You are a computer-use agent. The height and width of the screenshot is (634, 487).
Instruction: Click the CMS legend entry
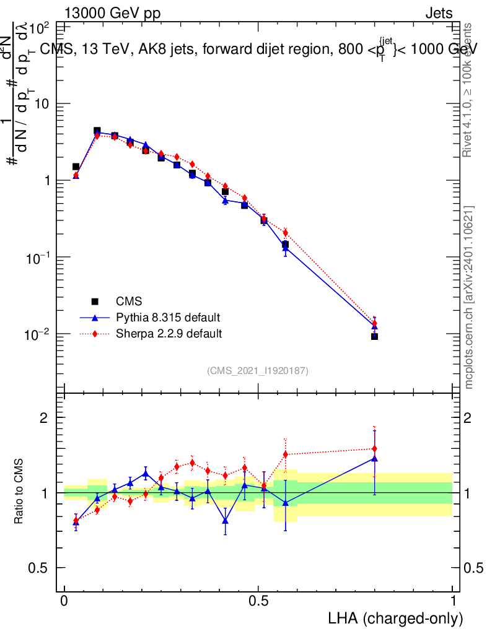pos(129,302)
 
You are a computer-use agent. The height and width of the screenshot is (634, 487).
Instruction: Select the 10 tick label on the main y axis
pos(42,103)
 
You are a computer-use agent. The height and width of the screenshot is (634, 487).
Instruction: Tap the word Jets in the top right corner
pos(439,14)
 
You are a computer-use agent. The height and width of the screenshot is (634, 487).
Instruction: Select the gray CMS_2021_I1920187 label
pos(258,370)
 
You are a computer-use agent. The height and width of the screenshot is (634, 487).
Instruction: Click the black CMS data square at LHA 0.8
pos(374,336)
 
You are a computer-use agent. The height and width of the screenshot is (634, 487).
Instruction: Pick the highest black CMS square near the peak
pos(97,131)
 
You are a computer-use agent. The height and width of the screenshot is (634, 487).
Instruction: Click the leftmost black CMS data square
pos(76,167)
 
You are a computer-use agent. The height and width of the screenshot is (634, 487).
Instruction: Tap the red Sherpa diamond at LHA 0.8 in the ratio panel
pos(374,448)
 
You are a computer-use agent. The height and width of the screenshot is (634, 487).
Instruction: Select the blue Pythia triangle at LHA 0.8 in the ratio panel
pos(374,458)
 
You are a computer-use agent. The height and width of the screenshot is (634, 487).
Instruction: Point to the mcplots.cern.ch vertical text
pos(469,297)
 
